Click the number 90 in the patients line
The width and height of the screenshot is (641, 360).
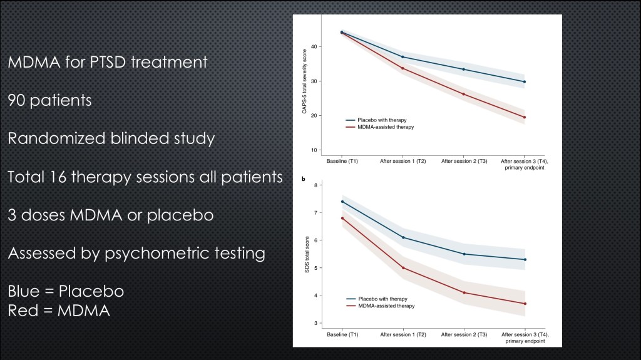tap(19, 100)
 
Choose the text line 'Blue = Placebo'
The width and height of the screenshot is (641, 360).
tap(66, 292)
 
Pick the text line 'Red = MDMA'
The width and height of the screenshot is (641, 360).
tap(59, 310)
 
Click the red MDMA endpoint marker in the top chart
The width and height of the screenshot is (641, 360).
tap(524, 117)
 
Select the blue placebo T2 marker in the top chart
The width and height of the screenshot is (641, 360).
tap(403, 57)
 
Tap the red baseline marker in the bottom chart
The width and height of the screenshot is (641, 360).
tap(342, 218)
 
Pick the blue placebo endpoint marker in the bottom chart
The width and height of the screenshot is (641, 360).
tap(525, 259)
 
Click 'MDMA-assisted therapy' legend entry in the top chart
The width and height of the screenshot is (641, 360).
tap(386, 126)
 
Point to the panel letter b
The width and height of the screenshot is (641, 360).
tap(304, 180)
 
